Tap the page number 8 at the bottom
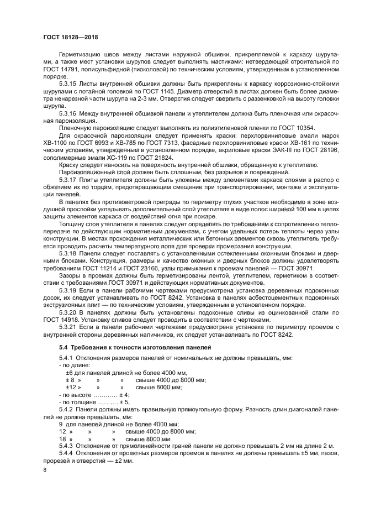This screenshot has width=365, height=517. click(45, 469)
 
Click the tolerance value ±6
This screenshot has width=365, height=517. click(70, 373)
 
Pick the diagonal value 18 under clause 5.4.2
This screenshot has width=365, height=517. click(62, 438)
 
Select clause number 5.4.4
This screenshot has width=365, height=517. click(66, 453)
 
